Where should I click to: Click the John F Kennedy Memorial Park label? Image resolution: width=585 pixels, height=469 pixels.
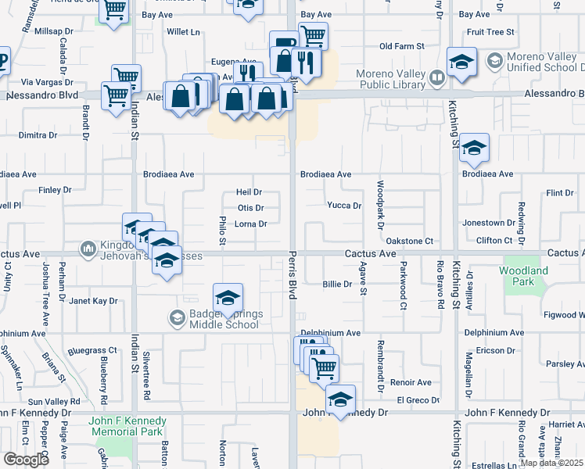point(125,426)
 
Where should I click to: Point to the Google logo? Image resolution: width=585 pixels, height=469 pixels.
point(26,459)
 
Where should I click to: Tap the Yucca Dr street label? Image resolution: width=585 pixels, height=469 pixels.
point(344,206)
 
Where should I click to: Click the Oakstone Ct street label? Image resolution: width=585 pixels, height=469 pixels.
point(410,242)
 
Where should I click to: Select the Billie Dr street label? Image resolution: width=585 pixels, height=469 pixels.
point(337,285)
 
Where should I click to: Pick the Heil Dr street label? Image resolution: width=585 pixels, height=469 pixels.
point(249,192)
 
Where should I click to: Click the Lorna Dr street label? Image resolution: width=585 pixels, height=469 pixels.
point(251,224)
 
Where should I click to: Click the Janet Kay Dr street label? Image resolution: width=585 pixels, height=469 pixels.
point(93,300)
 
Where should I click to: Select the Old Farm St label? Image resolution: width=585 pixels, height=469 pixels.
point(401,47)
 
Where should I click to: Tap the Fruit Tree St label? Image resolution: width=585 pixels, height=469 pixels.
point(490,32)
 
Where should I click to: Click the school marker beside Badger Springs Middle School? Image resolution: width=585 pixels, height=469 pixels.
point(228,299)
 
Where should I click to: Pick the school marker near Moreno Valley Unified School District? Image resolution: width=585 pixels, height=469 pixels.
point(461,62)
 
